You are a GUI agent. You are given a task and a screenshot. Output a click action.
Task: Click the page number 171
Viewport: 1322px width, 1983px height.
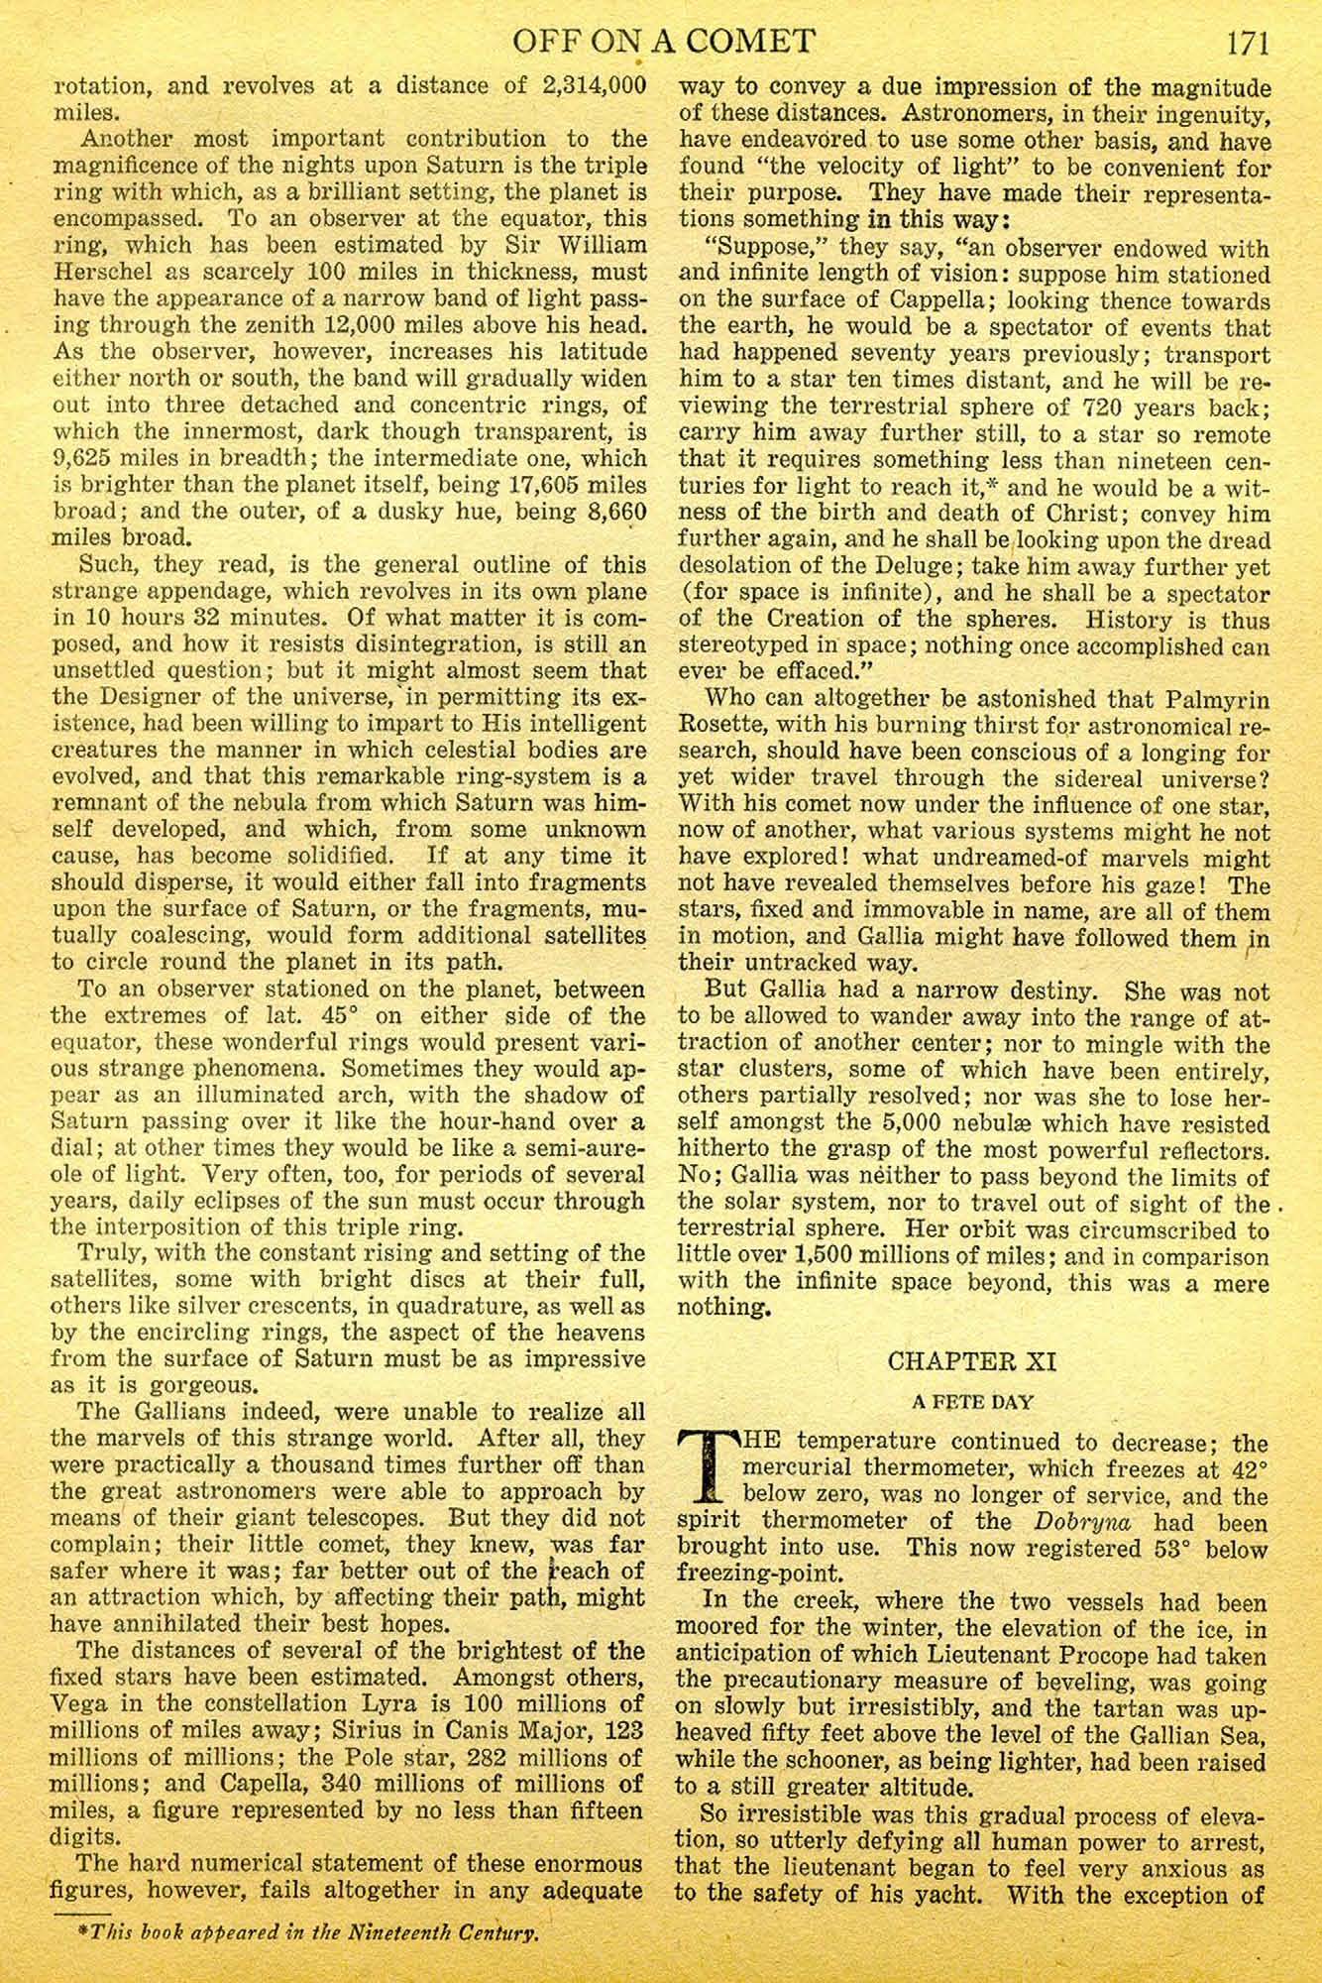[1248, 43]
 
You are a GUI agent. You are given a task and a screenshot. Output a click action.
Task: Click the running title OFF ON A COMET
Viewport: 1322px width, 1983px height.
[661, 43]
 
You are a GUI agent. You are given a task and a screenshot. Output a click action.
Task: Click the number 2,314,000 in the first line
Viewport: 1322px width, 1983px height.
[591, 86]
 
